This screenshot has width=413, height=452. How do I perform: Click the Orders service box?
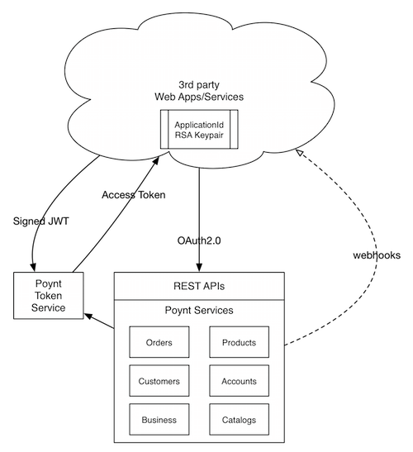coord(159,342)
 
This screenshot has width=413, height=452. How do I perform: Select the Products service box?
coord(239,342)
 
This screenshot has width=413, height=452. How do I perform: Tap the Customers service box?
coord(159,380)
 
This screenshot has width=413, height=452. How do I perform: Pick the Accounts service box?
coord(239,380)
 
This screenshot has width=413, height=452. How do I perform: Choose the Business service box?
coord(159,419)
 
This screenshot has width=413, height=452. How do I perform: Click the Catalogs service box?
coord(239,419)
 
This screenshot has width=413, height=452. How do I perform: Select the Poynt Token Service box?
coord(49,296)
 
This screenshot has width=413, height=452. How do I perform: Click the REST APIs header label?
coord(199,286)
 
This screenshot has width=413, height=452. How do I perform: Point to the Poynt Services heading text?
coord(199,310)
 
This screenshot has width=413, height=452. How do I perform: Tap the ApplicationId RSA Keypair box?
coord(199,129)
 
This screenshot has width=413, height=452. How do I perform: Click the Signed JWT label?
coord(41,221)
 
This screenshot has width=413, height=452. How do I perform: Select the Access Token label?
coord(134,195)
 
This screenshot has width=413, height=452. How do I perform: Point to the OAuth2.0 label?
coord(199,240)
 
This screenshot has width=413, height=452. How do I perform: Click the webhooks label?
coord(377,255)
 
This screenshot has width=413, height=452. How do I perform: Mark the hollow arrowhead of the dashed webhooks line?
coord(300,153)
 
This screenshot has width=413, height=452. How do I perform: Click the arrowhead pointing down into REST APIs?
coord(199,267)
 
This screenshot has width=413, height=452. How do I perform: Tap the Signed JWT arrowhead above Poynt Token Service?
coord(33,267)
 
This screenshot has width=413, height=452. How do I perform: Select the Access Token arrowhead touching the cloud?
coord(156,161)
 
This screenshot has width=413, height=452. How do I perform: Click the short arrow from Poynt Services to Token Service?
coord(99,321)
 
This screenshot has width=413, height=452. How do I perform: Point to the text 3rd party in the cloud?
coord(199,85)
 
